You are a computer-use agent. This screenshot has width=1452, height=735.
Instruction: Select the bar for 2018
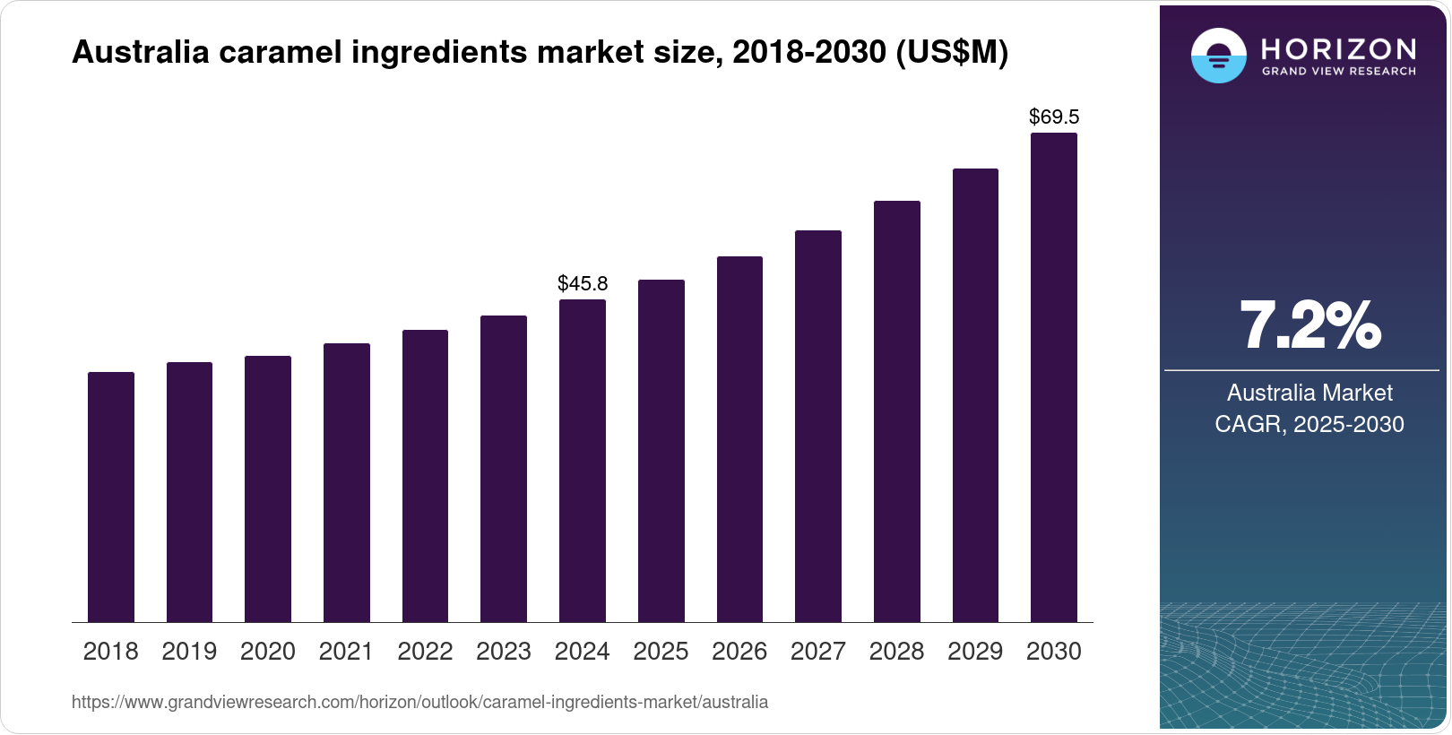[x=111, y=497]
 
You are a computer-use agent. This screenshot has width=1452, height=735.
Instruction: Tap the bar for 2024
[x=583, y=461]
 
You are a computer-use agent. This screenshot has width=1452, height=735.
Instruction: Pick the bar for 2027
[x=818, y=426]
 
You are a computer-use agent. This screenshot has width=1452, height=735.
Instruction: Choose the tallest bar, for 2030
[x=1054, y=377]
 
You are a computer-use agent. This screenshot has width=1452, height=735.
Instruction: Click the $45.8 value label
[x=583, y=284]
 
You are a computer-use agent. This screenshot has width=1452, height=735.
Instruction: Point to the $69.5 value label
[x=1054, y=117]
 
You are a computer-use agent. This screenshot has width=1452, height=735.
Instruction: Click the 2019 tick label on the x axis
[x=189, y=652]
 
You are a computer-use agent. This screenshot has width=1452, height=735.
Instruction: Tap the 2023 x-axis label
[x=504, y=652]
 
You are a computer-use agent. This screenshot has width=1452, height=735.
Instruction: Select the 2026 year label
[x=739, y=652]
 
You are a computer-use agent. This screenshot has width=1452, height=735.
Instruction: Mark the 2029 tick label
[x=975, y=652]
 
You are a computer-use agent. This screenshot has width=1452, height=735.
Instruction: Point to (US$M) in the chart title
[x=952, y=53]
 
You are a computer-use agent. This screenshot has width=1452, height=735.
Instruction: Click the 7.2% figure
[x=1309, y=326]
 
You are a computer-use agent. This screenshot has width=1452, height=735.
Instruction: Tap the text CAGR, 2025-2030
[x=1309, y=424]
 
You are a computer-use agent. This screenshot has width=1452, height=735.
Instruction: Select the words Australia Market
[x=1309, y=393]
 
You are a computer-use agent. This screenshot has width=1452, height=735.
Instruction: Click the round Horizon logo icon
[x=1218, y=56]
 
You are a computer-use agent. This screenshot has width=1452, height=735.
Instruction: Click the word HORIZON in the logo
[x=1339, y=48]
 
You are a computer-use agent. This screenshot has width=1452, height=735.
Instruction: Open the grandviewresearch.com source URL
[x=419, y=702]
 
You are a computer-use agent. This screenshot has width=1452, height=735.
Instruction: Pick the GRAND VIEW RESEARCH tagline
[x=1339, y=71]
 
